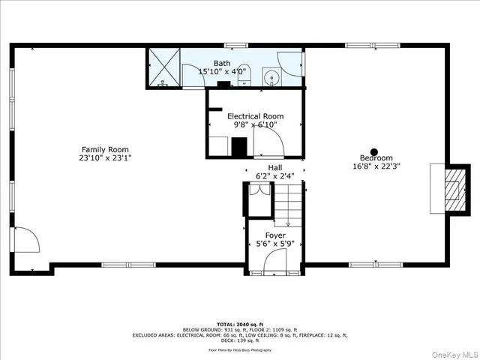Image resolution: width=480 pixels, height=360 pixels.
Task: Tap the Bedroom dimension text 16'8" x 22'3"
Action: point(376,166)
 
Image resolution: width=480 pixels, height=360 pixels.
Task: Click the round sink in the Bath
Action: point(271,76)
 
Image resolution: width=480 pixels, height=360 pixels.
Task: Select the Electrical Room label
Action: point(256,116)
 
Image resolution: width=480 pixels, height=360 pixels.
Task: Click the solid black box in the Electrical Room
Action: point(238,148)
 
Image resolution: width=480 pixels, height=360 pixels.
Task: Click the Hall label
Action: point(275,167)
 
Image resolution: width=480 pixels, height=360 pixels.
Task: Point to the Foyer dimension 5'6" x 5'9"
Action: point(274,244)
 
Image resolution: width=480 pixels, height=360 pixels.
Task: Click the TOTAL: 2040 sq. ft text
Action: point(239,325)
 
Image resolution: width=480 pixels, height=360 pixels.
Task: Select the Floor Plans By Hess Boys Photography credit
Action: point(239,350)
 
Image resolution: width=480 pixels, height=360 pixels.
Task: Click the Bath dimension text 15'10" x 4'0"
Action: point(222,72)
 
